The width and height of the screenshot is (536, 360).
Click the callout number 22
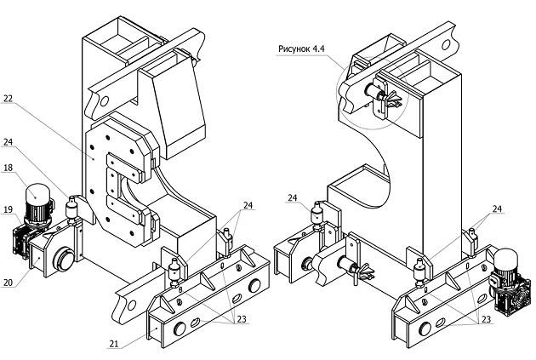(7, 100)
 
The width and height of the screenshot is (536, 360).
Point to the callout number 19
(7, 209)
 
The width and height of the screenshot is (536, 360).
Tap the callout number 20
(7, 283)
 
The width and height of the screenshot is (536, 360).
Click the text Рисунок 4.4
(301, 49)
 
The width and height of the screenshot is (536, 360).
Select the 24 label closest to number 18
(7, 142)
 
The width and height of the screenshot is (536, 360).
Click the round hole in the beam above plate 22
(99, 102)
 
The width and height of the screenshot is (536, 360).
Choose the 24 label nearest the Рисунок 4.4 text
(292, 198)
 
